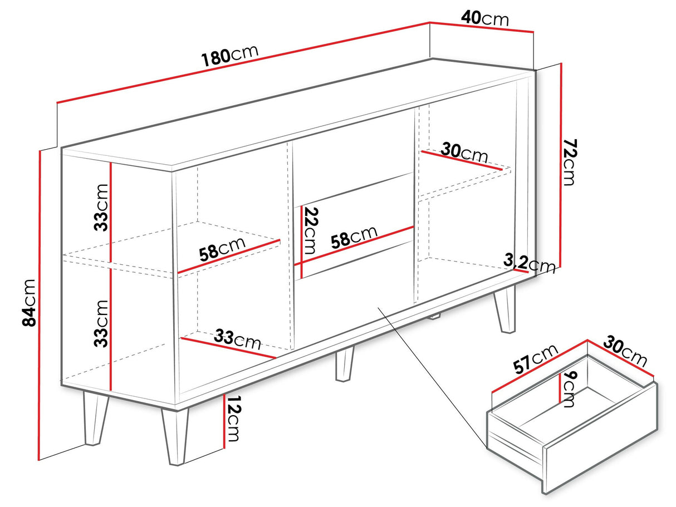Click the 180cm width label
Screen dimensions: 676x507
point(229,56)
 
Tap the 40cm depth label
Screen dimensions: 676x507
point(485,18)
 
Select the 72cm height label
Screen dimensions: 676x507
point(570,162)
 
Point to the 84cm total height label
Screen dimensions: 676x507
point(29,303)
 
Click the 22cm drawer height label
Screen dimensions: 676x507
point(310,230)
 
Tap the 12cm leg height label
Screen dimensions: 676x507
point(233,419)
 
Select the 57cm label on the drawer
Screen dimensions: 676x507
point(535,358)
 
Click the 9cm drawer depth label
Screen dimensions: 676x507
point(568,389)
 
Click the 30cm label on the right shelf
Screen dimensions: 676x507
point(464,152)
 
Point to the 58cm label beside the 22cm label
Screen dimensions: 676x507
point(354,237)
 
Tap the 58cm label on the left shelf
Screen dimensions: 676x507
point(222,249)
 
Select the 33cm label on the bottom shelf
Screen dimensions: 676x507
point(237,339)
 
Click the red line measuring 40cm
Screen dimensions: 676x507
point(481,27)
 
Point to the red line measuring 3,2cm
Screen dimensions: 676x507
point(521,271)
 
